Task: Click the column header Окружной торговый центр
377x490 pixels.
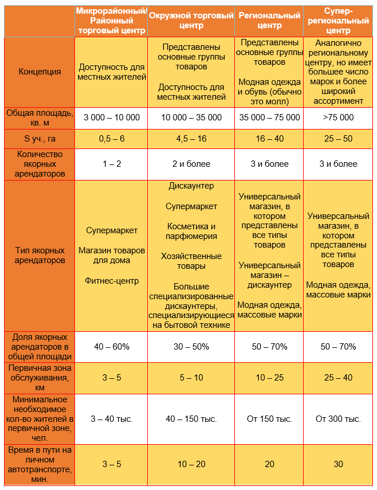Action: pos(191,21)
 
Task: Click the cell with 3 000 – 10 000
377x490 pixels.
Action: pos(112,117)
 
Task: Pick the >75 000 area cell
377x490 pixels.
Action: pos(338,117)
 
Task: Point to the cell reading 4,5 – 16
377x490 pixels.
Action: pos(191,139)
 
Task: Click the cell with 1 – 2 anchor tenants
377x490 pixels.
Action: pos(112,164)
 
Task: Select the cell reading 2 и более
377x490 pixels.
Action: pos(191,164)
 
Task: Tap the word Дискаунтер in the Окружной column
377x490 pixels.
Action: pos(191,186)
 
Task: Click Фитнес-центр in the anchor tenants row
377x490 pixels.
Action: pos(112,281)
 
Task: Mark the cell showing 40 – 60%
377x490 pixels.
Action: pos(112,347)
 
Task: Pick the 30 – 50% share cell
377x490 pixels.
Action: pos(191,347)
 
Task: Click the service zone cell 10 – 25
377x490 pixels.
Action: pos(269,378)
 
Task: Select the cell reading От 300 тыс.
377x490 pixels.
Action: pos(338,419)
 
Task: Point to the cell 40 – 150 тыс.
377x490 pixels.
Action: pos(191,419)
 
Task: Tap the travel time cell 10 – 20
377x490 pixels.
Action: pos(191,464)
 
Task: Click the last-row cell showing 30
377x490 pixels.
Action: pos(338,464)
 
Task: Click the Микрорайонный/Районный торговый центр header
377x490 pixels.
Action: pos(112,21)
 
